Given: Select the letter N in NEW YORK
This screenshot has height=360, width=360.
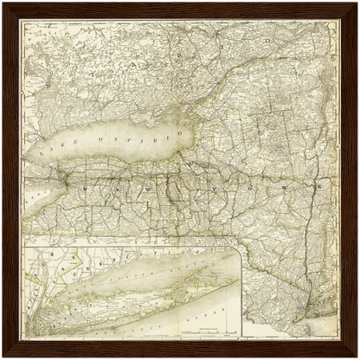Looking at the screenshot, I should point(85,187).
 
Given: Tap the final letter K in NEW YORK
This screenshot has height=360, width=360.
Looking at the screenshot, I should point(318,184).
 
